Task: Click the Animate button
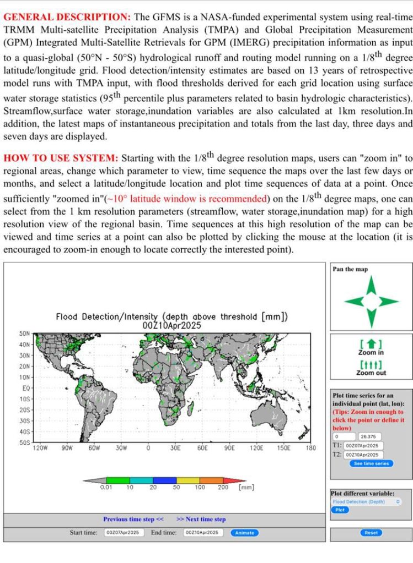pyautogui.click(x=245, y=532)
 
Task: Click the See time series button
pyautogui.click(x=371, y=463)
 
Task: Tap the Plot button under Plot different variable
pyautogui.click(x=340, y=510)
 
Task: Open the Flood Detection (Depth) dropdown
pyautogui.click(x=366, y=502)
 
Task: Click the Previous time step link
pyautogui.click(x=133, y=519)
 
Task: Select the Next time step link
pyautogui.click(x=201, y=519)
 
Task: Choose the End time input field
pyautogui.click(x=203, y=532)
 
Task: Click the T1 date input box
pyautogui.click(x=363, y=446)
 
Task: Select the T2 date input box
pyautogui.click(x=363, y=455)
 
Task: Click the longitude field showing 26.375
pyautogui.click(x=369, y=436)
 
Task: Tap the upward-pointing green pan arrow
pyautogui.click(x=372, y=285)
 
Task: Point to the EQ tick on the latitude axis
pyautogui.click(x=26, y=387)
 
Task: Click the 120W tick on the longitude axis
pyautogui.click(x=40, y=449)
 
